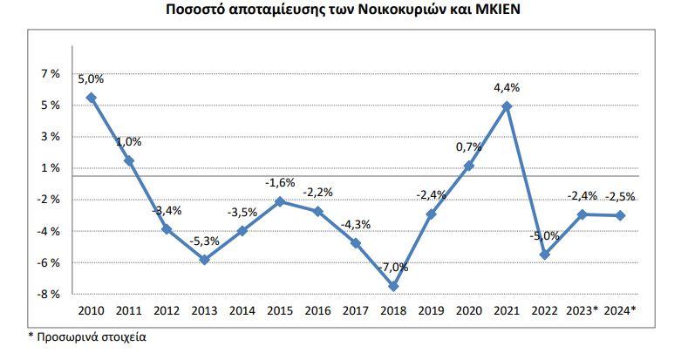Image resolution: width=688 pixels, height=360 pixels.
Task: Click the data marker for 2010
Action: (x=91, y=98)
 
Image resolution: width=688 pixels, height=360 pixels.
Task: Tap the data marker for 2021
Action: (x=506, y=106)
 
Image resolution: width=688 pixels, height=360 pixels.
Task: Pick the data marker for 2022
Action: (x=544, y=255)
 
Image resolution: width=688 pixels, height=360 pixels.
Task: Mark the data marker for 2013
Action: (x=204, y=260)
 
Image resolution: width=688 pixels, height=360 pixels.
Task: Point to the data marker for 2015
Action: (x=279, y=201)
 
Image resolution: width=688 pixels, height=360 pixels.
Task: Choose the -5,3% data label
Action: (x=204, y=240)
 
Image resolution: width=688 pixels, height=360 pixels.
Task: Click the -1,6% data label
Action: (x=280, y=182)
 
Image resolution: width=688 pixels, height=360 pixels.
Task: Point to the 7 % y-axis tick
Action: (x=49, y=74)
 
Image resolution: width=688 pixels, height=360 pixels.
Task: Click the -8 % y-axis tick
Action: (x=48, y=294)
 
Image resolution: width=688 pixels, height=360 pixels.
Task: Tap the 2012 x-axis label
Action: (x=166, y=310)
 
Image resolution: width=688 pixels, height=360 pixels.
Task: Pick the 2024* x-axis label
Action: (x=620, y=310)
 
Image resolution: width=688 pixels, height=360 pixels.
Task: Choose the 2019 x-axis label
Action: (x=430, y=310)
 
